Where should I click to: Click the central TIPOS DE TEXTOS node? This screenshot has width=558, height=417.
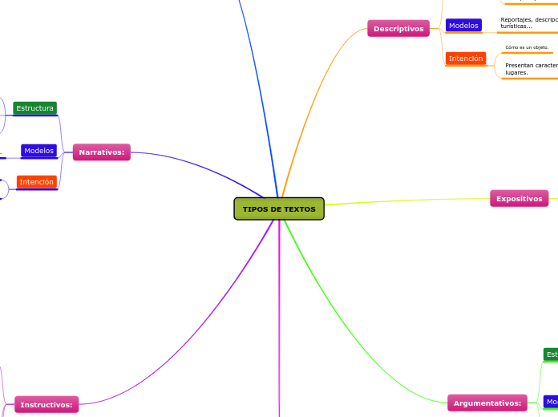pyautogui.click(x=279, y=208)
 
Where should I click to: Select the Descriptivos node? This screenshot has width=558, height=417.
pyautogui.click(x=398, y=29)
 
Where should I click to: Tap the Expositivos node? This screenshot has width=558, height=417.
pyautogui.click(x=519, y=199)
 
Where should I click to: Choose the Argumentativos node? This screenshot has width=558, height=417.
pyautogui.click(x=487, y=403)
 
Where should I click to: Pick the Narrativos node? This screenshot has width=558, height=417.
pyautogui.click(x=101, y=152)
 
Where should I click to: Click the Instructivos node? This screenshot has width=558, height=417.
pyautogui.click(x=46, y=405)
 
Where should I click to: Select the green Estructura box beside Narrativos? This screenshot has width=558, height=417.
pyautogui.click(x=34, y=108)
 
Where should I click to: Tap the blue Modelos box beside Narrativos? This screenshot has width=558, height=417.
pyautogui.click(x=38, y=151)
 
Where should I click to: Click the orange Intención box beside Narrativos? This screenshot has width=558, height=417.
pyautogui.click(x=37, y=182)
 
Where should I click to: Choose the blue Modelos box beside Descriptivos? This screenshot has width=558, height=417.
pyautogui.click(x=463, y=26)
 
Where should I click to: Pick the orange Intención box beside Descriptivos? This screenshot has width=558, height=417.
pyautogui.click(x=466, y=59)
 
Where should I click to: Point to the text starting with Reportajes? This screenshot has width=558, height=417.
pyautogui.click(x=528, y=23)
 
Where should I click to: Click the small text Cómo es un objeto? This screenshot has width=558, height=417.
pyautogui.click(x=527, y=47)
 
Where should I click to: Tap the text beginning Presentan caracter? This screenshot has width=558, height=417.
pyautogui.click(x=531, y=68)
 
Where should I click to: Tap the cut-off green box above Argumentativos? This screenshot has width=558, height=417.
pyautogui.click(x=551, y=354)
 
